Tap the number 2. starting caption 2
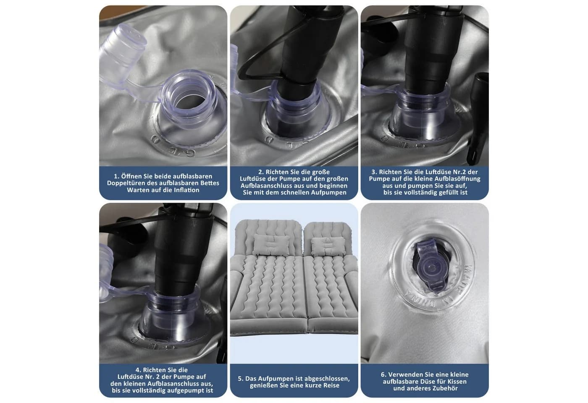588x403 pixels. (261, 172)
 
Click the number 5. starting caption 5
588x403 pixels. (241, 379)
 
